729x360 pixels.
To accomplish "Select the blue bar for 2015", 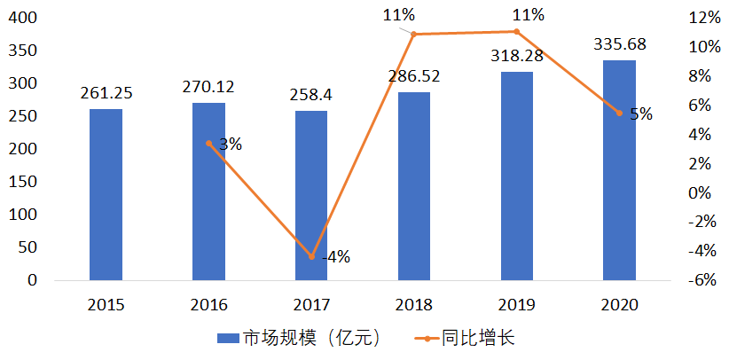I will (106, 194).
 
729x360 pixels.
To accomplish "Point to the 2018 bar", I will (414, 186).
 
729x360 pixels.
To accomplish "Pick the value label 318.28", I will (517, 57).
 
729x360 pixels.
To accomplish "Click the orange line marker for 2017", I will (311, 257).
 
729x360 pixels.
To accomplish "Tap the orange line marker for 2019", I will (517, 32).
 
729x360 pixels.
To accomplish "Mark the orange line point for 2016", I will (208, 143).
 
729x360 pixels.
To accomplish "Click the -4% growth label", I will (335, 257).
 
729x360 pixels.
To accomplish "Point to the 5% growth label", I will (640, 113).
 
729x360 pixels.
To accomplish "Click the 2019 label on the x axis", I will (517, 305).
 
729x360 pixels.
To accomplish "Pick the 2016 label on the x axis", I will (208, 305).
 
